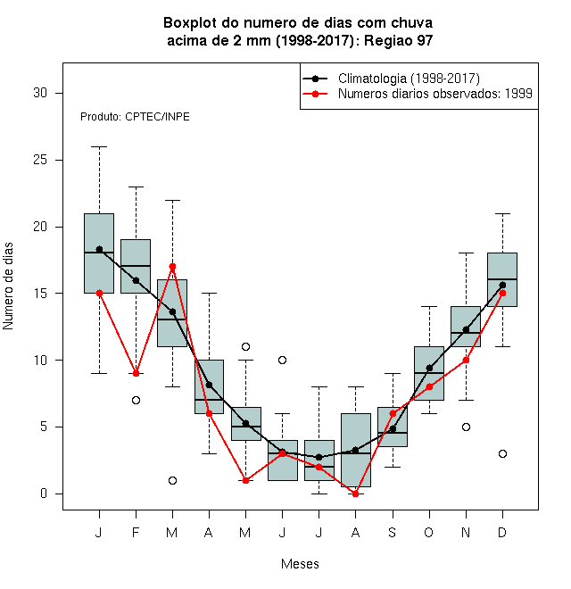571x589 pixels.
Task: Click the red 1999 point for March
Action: [172, 267]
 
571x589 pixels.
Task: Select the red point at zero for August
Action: [355, 494]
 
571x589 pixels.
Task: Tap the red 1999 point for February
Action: [136, 373]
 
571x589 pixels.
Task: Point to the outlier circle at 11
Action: [245, 347]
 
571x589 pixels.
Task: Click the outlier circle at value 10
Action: [282, 361]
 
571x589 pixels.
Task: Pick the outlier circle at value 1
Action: [172, 480]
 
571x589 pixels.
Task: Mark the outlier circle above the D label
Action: [502, 453]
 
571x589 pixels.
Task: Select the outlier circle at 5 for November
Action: [467, 427]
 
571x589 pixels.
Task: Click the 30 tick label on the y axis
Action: [40, 93]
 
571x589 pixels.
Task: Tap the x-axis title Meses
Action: [300, 564]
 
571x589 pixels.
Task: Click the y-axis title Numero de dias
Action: [8, 286]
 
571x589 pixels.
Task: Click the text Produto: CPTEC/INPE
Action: [135, 117]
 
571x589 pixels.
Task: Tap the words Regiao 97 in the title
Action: [399, 40]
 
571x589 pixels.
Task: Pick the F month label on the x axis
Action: [136, 532]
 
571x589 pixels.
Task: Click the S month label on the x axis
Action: [393, 532]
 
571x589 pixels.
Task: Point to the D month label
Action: [502, 532]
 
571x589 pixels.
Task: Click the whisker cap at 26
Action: [100, 147]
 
